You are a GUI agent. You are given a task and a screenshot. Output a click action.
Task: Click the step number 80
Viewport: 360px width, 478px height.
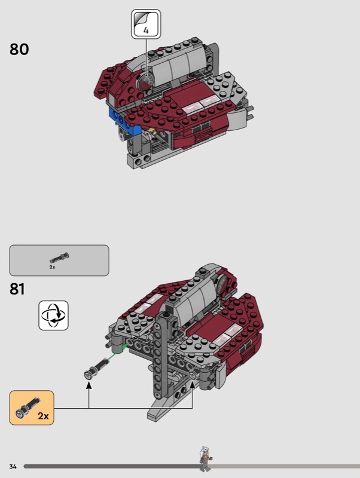point(19,50)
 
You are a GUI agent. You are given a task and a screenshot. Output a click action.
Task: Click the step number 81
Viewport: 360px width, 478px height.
point(17,289)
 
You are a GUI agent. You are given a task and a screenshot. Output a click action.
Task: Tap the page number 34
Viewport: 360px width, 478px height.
point(13,467)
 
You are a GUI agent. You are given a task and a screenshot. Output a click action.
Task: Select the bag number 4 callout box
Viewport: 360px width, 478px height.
point(146,24)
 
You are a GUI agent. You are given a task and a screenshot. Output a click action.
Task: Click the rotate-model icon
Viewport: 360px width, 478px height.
point(53,315)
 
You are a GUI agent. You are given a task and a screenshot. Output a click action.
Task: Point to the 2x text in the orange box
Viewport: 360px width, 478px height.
point(43,416)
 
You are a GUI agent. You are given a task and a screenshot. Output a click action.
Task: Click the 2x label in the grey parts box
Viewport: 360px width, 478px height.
point(52,267)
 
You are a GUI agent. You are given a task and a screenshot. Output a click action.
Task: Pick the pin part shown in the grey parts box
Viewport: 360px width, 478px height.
point(59,258)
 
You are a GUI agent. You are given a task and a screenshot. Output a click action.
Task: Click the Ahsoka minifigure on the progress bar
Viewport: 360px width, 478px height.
point(206,459)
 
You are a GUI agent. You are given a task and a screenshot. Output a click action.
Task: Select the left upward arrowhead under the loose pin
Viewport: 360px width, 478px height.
point(89,385)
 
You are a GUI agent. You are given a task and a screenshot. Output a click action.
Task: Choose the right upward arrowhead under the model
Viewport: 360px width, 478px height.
point(193,385)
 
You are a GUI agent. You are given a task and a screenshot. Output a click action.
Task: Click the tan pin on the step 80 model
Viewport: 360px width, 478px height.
point(152,131)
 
